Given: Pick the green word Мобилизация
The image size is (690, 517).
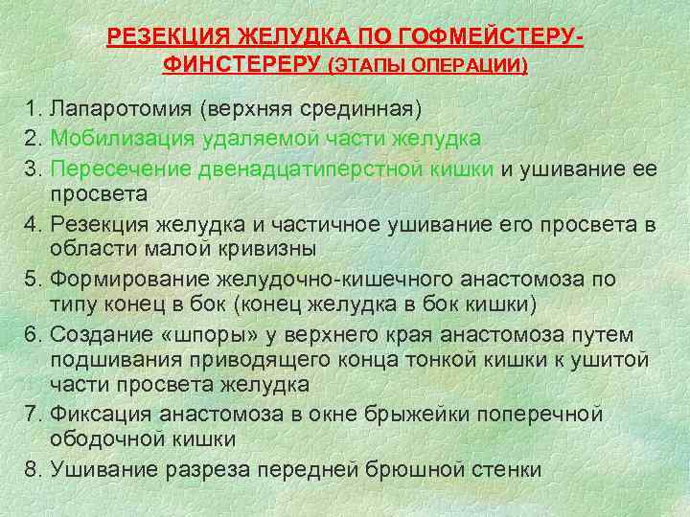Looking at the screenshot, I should coord(123,139).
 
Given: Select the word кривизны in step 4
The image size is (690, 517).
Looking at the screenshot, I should coord(291,250).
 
